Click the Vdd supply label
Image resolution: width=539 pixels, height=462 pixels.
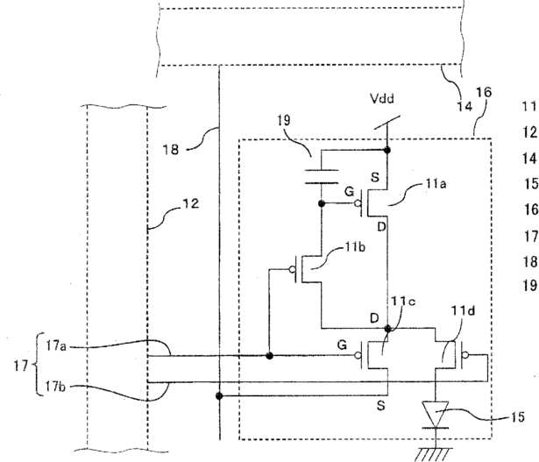(x=381, y=99)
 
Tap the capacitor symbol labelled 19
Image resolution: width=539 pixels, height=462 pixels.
(x=322, y=177)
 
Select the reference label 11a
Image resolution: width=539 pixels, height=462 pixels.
(x=436, y=184)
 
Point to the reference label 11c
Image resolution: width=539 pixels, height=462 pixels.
(x=403, y=301)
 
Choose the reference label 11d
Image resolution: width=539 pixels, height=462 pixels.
(x=463, y=311)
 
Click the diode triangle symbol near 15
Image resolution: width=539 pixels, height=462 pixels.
(x=436, y=414)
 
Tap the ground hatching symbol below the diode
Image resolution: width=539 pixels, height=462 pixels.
(x=434, y=454)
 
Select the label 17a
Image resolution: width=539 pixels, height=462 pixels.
(x=56, y=346)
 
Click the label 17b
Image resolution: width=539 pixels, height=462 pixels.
(x=56, y=387)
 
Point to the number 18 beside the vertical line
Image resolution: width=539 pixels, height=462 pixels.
(x=171, y=150)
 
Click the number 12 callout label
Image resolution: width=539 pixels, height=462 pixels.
(x=191, y=203)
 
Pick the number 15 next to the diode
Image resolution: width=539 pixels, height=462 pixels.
(x=517, y=417)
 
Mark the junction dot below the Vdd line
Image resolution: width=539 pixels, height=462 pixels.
(x=387, y=150)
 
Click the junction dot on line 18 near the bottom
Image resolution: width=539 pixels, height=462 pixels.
(x=219, y=395)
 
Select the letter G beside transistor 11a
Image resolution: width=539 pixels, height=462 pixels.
(x=349, y=191)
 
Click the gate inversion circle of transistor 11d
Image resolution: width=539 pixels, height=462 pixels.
(x=465, y=355)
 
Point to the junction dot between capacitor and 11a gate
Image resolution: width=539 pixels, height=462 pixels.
(x=322, y=203)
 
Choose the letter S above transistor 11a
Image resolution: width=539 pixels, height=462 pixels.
(x=375, y=177)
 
